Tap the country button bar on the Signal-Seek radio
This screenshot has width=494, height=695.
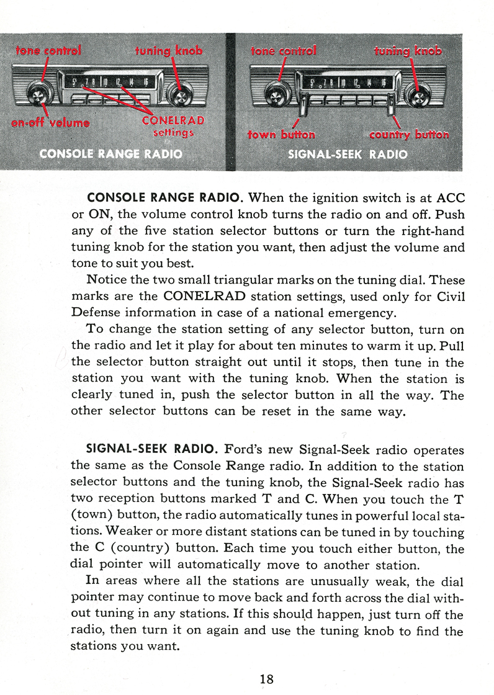pos(392,102)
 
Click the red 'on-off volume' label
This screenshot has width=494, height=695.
pos(50,122)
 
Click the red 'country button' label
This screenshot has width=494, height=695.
pos(408,135)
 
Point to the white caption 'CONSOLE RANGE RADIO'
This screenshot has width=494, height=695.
pos(110,154)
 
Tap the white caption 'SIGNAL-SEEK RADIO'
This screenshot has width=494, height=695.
pos(348,154)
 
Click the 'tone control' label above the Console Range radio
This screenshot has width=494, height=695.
pos(48,50)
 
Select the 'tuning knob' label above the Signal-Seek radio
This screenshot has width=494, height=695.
pos(408,50)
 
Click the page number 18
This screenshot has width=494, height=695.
pos(266,678)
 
